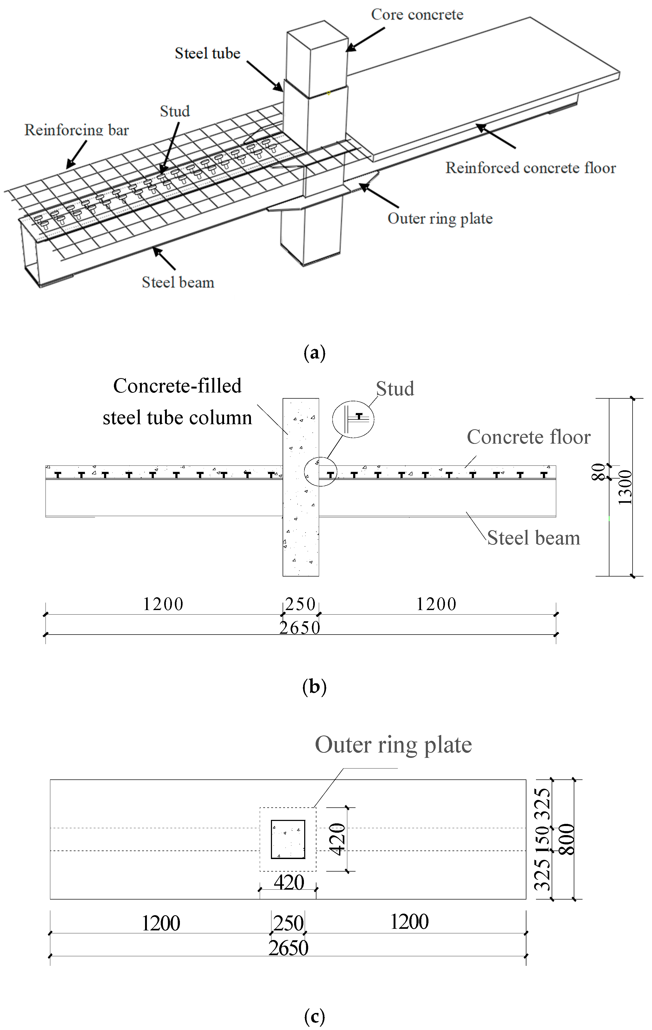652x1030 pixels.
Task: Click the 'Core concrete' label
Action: [417, 15]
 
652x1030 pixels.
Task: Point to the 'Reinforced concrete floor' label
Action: [530, 168]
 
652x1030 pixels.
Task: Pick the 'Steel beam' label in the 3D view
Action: [178, 282]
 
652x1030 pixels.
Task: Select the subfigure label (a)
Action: [314, 353]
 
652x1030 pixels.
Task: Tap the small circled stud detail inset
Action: [353, 419]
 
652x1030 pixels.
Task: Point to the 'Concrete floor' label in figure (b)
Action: [529, 437]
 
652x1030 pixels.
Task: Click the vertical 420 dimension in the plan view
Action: [338, 839]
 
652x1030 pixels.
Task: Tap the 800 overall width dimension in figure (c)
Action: [567, 839]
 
